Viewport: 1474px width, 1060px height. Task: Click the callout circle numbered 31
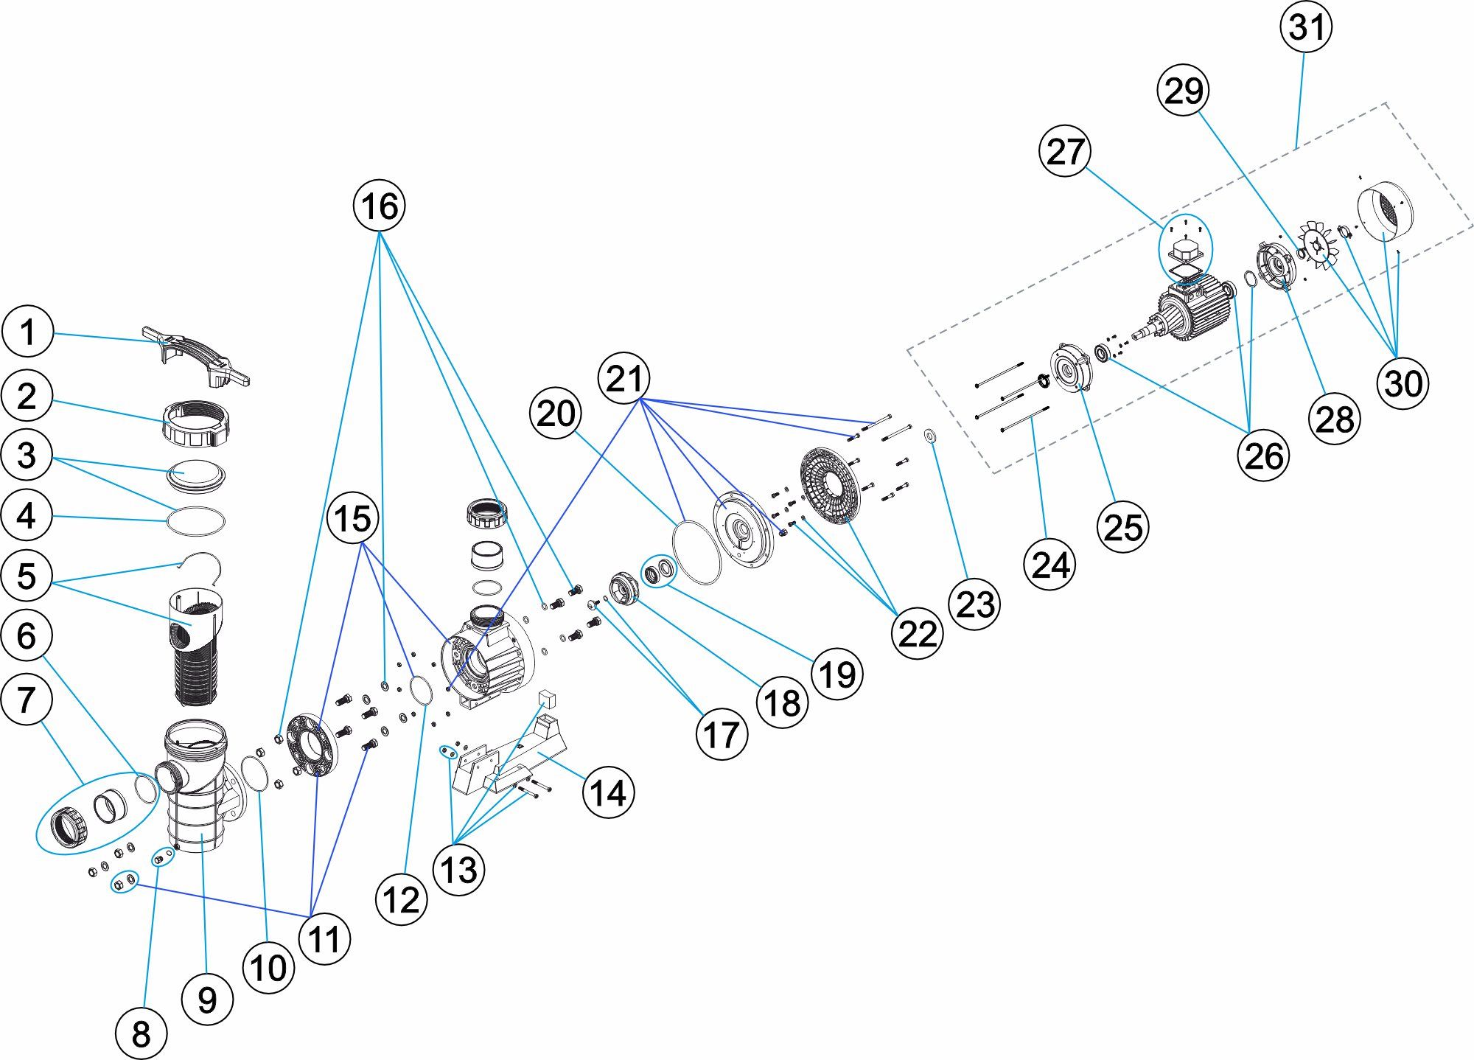pos(1307,27)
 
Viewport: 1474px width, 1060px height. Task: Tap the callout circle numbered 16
pos(380,206)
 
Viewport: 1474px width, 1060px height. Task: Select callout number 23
pos(975,604)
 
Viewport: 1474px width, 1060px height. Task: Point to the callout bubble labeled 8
pos(141,1033)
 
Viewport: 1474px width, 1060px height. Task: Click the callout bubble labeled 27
pos(1065,151)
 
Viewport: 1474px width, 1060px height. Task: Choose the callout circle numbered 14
pos(608,793)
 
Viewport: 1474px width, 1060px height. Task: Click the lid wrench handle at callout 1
pos(196,357)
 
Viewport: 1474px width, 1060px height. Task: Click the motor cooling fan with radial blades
pos(1319,244)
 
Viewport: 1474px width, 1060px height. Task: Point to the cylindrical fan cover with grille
pos(1384,209)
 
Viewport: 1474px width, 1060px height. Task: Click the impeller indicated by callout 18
pos(624,589)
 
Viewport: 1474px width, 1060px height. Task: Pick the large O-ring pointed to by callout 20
pos(696,550)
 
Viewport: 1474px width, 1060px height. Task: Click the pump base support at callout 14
pos(509,759)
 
